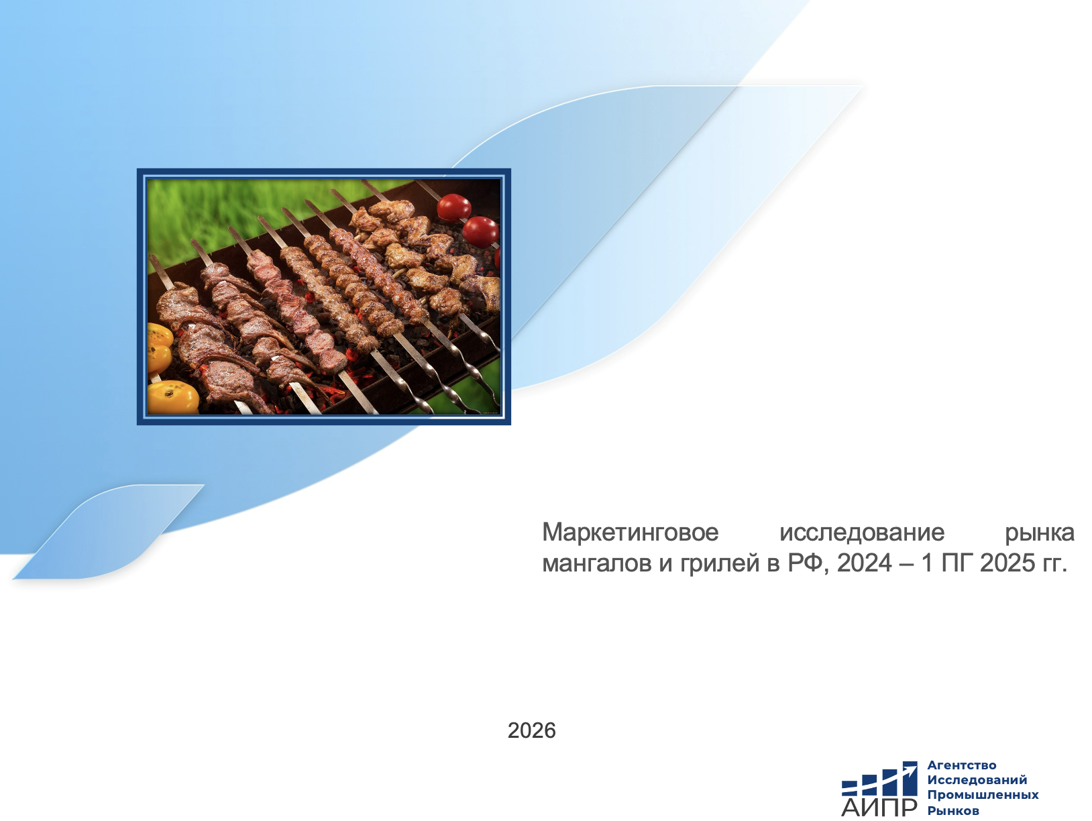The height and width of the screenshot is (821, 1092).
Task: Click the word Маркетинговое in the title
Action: [630, 533]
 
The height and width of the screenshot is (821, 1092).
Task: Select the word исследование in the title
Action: [862, 533]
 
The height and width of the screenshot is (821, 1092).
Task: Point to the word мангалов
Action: [596, 563]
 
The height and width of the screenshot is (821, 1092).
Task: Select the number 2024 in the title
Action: [865, 563]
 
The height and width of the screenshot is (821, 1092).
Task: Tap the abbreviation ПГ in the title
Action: [957, 563]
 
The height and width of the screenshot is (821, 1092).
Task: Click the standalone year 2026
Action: [531, 730]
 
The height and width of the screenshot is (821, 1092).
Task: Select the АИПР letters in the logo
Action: [879, 807]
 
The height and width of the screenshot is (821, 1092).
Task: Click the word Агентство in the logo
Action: [962, 765]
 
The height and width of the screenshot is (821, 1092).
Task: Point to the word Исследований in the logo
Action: [977, 780]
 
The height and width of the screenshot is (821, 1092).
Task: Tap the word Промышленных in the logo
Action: [983, 795]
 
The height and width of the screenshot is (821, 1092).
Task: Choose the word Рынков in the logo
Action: [953, 810]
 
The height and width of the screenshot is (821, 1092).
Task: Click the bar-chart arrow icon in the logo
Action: [879, 779]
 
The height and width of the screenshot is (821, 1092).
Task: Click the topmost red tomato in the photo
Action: [453, 207]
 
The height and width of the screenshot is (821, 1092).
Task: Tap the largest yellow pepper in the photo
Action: [172, 397]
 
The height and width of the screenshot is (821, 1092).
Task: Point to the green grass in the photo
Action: [224, 214]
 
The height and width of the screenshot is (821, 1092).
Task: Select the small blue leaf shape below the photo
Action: [108, 532]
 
